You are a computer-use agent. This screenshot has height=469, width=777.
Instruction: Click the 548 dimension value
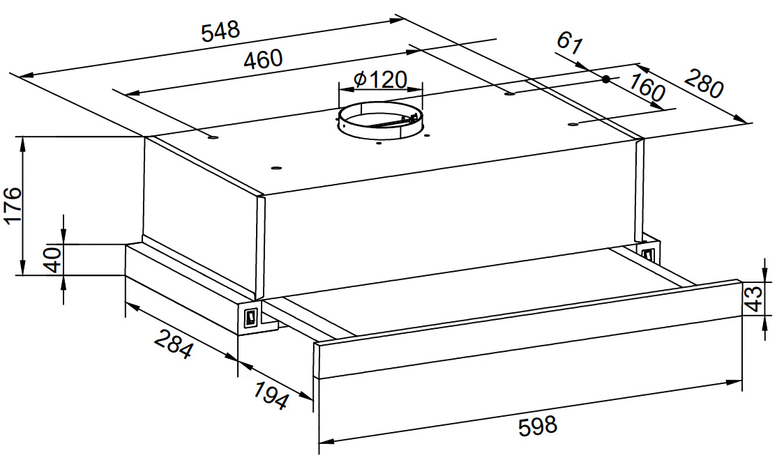coord(220,31)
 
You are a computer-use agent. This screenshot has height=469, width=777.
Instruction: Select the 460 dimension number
coord(263,59)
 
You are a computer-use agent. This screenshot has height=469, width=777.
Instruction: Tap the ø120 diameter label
coord(381,79)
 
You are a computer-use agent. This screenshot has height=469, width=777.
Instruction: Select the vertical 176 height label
coord(13,206)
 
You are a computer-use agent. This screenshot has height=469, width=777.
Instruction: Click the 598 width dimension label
coord(538,425)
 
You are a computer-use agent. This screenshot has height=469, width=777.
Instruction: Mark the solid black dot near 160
coord(605,79)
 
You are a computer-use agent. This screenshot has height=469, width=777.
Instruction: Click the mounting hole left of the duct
coord(213,137)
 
